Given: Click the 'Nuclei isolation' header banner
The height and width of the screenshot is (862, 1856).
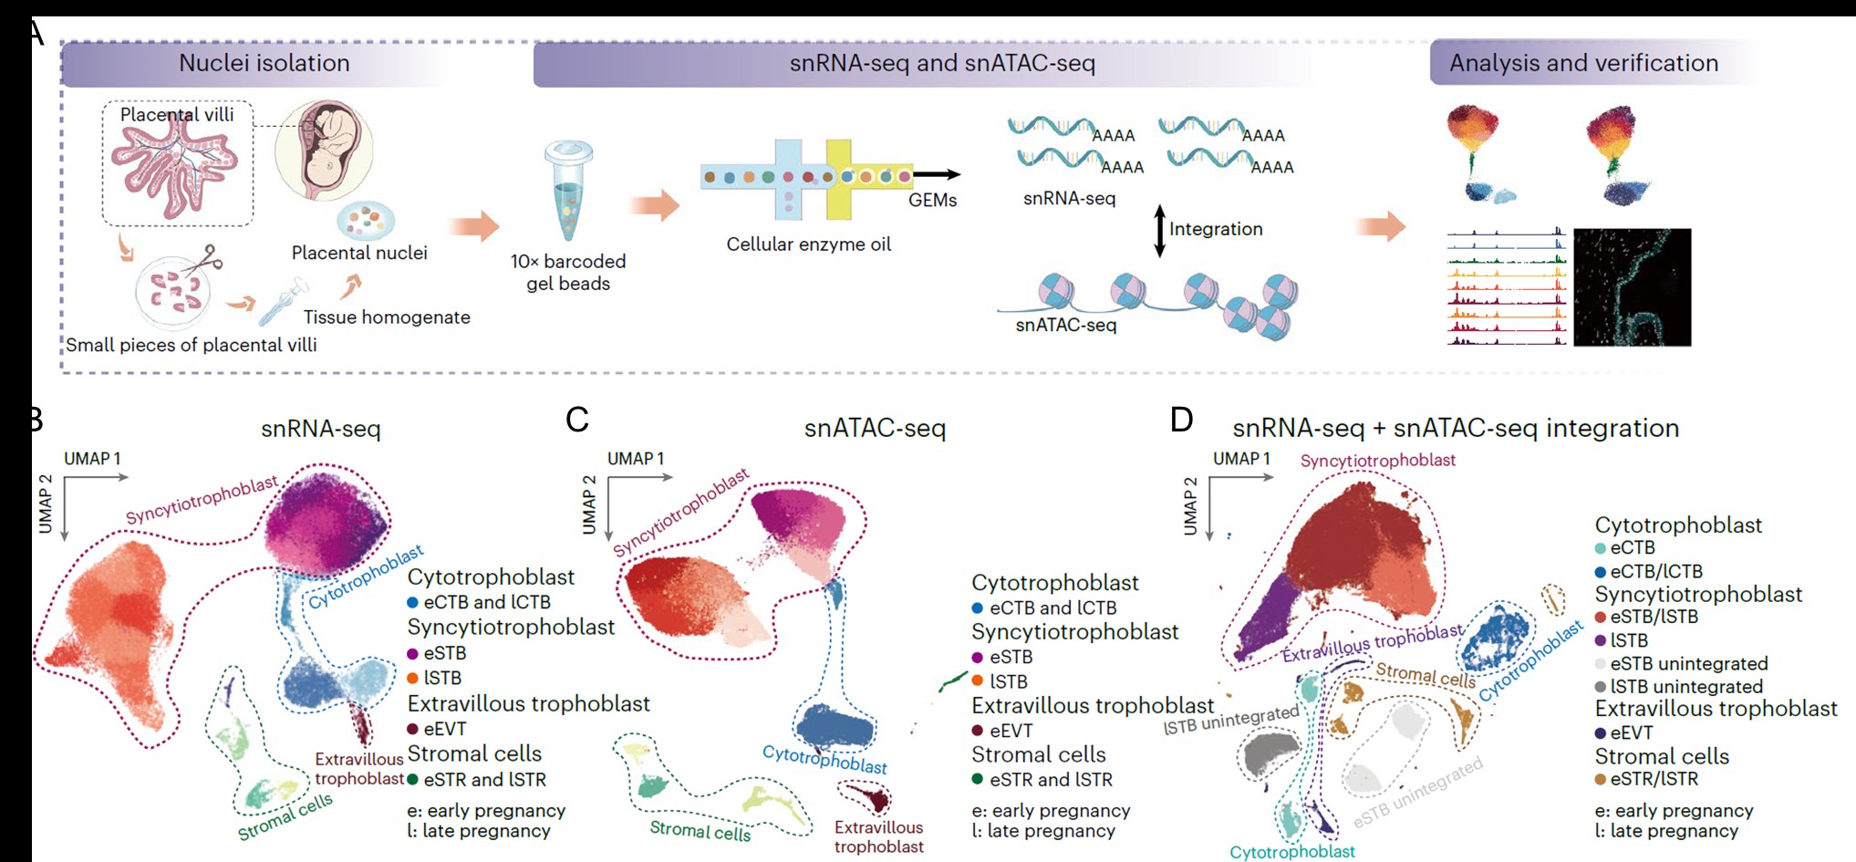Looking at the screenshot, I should [264, 63].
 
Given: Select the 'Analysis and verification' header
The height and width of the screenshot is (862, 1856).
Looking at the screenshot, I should [1583, 63].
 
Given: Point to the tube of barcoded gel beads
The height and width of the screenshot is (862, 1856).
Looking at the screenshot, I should [567, 192].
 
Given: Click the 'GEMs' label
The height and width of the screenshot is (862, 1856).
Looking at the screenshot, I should [932, 201].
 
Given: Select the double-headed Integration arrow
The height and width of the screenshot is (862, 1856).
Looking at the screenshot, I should [1159, 230].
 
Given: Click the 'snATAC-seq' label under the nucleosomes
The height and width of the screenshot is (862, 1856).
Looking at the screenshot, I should [1065, 325].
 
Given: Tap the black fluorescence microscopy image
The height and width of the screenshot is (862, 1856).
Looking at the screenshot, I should [1632, 286].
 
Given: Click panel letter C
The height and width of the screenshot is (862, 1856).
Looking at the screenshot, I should [577, 420].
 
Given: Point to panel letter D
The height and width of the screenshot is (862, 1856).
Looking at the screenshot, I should [1181, 420].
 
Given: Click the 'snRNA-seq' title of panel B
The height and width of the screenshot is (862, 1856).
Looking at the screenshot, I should [320, 429].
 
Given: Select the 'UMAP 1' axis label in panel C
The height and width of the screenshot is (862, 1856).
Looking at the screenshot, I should [636, 459].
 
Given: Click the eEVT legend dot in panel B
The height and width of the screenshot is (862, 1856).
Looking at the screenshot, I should [413, 729].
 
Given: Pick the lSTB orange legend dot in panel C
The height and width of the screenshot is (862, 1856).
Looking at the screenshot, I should [978, 680].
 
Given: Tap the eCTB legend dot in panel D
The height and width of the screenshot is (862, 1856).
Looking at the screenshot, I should [1601, 548].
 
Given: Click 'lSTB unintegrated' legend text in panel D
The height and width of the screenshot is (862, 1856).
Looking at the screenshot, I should [1686, 687].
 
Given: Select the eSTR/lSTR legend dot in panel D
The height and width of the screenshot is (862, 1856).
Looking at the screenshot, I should [1601, 780].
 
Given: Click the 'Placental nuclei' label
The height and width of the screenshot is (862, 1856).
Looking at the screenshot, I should [359, 253].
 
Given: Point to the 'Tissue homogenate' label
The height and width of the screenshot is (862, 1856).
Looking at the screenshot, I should [387, 317].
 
